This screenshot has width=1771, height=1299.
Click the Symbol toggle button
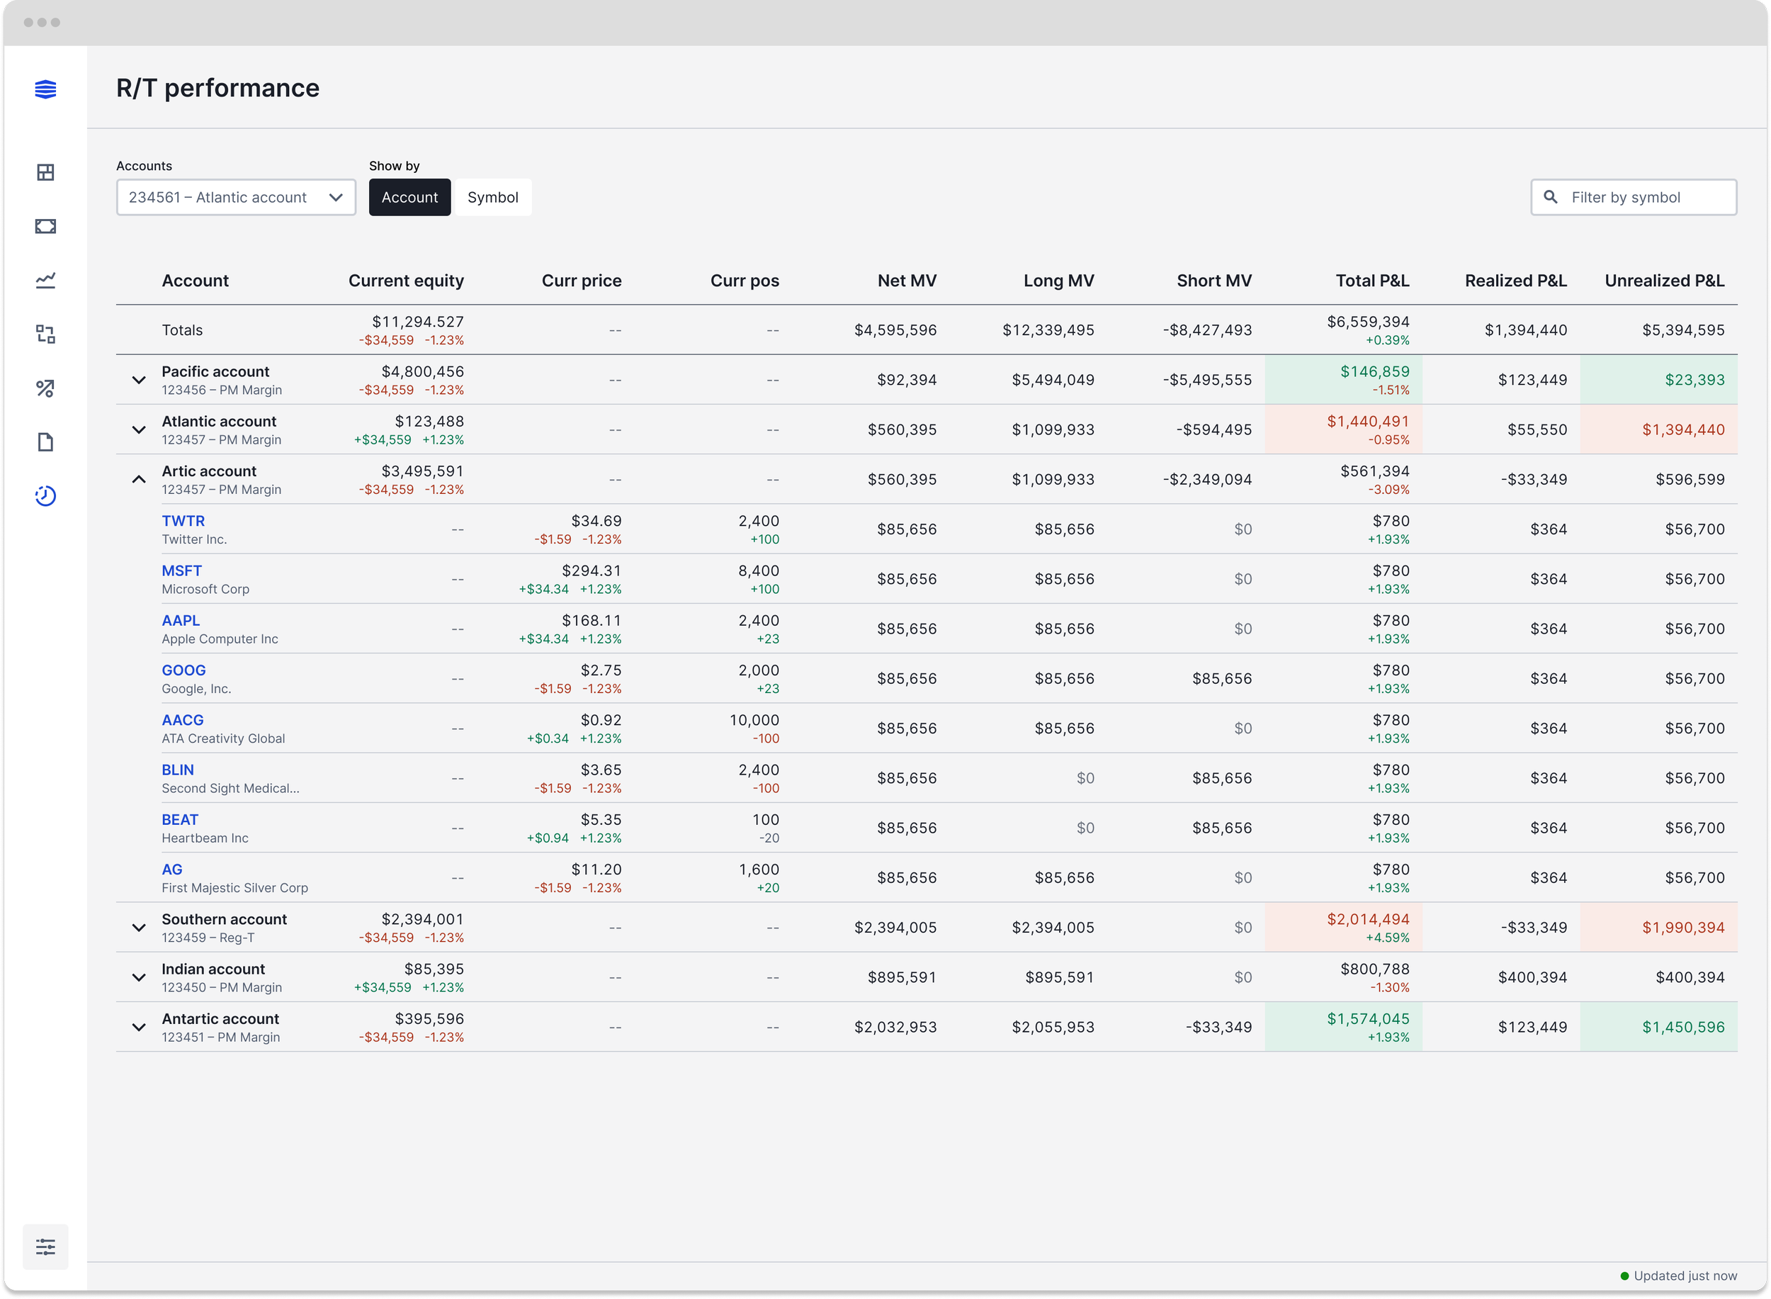(x=493, y=198)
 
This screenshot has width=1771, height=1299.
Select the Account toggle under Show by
(x=409, y=198)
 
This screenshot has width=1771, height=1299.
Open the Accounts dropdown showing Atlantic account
(x=236, y=198)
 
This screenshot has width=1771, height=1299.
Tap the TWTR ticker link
(x=183, y=522)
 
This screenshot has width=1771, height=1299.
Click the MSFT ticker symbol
(x=181, y=571)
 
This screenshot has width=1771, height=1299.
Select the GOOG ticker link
(x=184, y=670)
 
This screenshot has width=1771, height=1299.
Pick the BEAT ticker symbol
(x=180, y=820)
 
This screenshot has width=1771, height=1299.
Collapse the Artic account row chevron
(x=139, y=480)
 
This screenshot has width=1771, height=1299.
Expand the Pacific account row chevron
(x=139, y=381)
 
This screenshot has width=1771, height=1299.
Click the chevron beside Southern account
(x=139, y=928)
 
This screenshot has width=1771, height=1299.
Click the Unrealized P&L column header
(x=1664, y=281)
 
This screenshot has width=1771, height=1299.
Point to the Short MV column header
(x=1213, y=281)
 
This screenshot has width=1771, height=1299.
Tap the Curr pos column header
(x=745, y=281)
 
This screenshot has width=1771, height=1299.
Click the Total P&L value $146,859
(x=1375, y=372)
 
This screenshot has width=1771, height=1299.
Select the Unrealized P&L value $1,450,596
(x=1683, y=1027)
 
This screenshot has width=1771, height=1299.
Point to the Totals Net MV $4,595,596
(x=895, y=330)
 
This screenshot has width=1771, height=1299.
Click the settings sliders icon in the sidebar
(x=45, y=1247)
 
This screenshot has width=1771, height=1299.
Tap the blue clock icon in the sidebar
(x=45, y=496)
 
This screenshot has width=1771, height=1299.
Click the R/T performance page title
(x=217, y=88)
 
